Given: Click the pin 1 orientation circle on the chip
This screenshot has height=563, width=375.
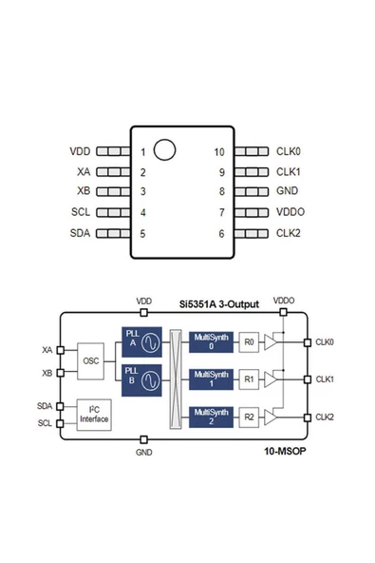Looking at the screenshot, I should [165, 149].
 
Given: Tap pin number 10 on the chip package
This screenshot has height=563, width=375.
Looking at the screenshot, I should [219, 152].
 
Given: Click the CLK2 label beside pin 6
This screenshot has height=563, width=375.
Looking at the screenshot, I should [289, 233].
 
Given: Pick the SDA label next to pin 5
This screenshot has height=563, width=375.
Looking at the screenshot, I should [81, 233].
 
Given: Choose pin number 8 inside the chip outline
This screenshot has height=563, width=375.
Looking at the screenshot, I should [221, 192].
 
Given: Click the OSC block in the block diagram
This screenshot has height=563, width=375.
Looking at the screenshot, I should [91, 360].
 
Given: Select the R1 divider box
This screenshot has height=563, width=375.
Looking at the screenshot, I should [249, 379].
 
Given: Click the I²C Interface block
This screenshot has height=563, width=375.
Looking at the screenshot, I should [93, 415].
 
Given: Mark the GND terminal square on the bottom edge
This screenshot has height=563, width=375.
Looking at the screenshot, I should [143, 439].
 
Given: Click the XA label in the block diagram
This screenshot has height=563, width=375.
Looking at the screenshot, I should [47, 350].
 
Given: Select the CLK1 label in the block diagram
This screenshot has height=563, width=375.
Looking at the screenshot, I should [324, 379].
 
